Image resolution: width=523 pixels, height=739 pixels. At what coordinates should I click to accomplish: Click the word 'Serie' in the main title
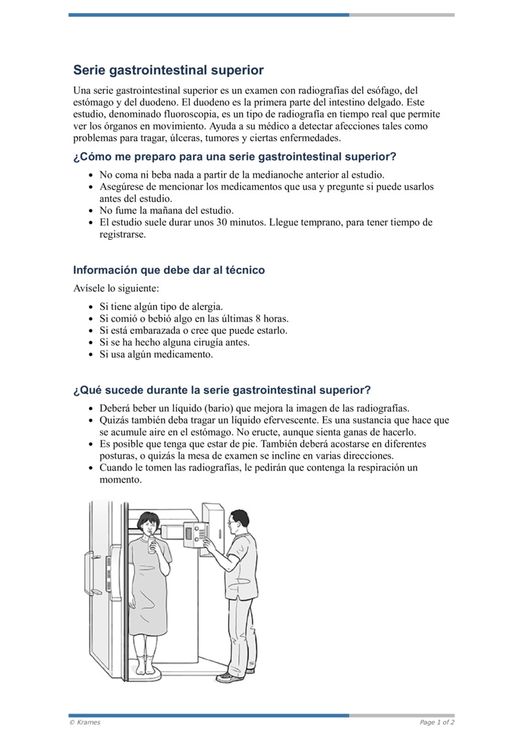[89, 70]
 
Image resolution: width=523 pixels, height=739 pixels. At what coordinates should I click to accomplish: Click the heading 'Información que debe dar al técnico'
[169, 270]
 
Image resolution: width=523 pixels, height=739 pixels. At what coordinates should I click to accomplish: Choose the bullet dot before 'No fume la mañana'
[90, 211]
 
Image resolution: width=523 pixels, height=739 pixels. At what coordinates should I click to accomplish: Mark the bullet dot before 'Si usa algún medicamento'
[90, 355]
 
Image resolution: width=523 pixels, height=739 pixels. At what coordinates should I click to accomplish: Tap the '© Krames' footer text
[85, 722]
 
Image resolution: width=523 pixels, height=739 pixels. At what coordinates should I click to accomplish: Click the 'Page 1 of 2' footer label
[437, 722]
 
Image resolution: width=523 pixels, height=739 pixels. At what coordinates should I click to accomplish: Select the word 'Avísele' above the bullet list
[88, 288]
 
